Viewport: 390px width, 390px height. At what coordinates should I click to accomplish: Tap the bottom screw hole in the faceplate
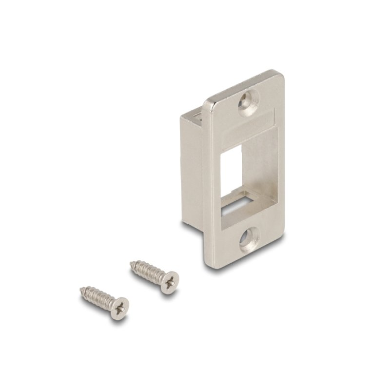(250, 240)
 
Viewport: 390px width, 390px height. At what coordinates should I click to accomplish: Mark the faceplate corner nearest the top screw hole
(279, 75)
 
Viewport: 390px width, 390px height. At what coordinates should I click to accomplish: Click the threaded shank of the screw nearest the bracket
(146, 271)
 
